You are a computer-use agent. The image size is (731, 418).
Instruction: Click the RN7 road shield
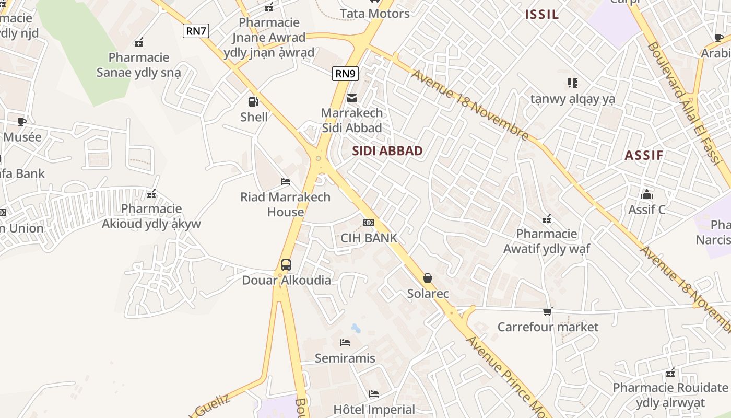click(x=196, y=31)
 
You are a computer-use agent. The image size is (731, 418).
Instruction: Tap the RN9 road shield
click(x=345, y=74)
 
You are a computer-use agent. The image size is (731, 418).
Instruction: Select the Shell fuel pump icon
click(x=254, y=102)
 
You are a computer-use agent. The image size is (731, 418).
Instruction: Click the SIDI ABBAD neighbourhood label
click(x=387, y=151)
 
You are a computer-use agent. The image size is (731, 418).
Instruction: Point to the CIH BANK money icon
click(x=369, y=223)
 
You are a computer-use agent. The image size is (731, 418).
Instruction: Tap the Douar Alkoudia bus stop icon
click(x=286, y=265)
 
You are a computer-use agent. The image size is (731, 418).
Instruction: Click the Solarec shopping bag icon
click(x=428, y=278)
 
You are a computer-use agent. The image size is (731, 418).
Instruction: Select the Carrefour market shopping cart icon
click(x=547, y=312)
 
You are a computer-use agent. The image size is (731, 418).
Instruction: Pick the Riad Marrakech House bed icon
click(x=286, y=182)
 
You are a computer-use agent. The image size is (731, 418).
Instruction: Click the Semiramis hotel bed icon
click(x=345, y=343)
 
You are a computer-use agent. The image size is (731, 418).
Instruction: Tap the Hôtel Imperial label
click(x=374, y=409)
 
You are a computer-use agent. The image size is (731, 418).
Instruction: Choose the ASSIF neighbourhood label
click(x=644, y=155)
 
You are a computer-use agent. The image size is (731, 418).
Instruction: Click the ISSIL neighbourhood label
click(x=542, y=15)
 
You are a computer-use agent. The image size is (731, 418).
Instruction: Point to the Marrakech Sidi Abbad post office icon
click(x=352, y=98)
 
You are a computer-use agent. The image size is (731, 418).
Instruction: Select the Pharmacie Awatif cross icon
click(x=547, y=219)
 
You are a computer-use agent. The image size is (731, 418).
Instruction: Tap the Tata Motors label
click(x=375, y=13)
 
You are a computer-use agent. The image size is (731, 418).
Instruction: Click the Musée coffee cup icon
click(x=22, y=122)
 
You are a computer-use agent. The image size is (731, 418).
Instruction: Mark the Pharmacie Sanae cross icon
click(x=139, y=42)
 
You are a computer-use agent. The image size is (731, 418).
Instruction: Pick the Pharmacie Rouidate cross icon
click(x=670, y=373)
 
